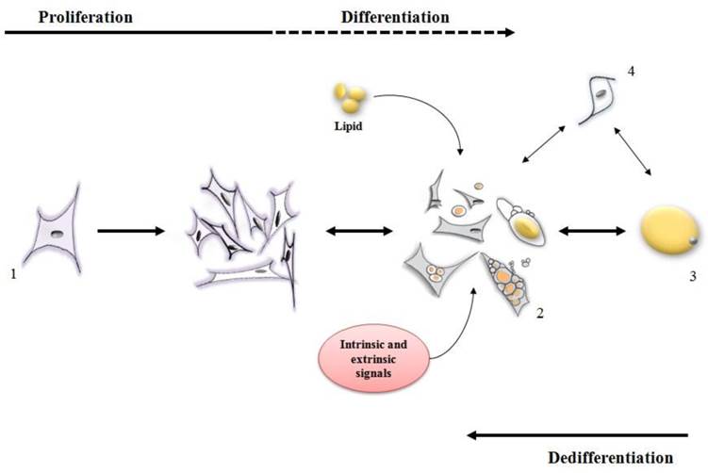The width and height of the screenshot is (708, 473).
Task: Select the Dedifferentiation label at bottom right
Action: pos(611,457)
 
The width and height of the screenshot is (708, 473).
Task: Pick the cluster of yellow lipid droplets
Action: pos(348,98)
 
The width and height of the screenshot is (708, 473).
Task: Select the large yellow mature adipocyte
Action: pos(670,231)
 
